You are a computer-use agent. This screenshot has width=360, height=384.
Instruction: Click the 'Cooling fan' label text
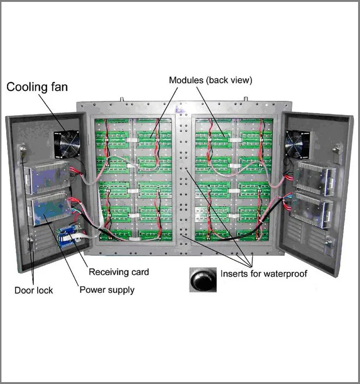pyautogui.click(x=37, y=87)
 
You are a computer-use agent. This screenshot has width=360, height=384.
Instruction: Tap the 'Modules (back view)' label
pyautogui.click(x=210, y=80)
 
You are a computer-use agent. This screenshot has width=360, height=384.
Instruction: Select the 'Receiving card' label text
pyautogui.click(x=119, y=272)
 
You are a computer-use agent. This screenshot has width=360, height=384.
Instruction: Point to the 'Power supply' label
pyautogui.click(x=107, y=289)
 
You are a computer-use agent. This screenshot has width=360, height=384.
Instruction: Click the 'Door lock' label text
pyautogui.click(x=33, y=290)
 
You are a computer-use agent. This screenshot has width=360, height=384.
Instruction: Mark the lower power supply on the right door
pyautogui.click(x=311, y=208)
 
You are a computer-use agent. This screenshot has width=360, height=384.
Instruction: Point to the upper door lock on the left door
pyautogui.click(x=21, y=152)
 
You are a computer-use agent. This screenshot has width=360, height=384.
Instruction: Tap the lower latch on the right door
pyautogui.click(x=329, y=242)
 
